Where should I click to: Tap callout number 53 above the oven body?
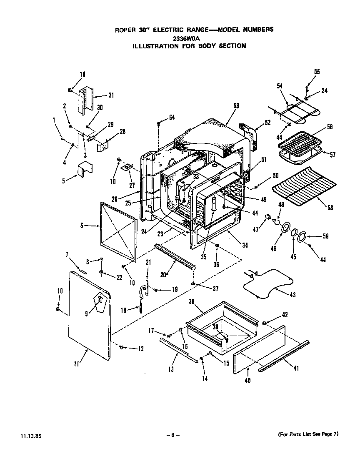click(x=236, y=106)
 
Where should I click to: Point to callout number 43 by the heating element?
click(x=292, y=295)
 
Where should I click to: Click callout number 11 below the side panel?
click(x=76, y=364)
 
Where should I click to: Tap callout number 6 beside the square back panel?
click(x=82, y=225)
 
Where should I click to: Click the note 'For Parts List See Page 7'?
click(x=308, y=434)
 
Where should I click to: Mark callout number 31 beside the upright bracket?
click(x=111, y=95)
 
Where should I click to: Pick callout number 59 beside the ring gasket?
click(x=325, y=236)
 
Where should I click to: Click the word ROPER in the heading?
click(x=125, y=30)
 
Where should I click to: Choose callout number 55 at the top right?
click(x=317, y=72)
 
